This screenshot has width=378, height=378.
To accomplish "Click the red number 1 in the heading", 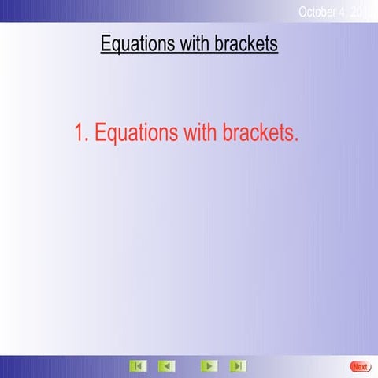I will point(80,133).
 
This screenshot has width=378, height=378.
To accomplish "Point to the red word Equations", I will point(136,134).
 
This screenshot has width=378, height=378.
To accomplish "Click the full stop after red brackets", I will point(296,141).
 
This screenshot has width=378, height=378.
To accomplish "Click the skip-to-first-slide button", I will point(138,366).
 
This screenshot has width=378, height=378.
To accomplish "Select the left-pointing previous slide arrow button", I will point(166,366).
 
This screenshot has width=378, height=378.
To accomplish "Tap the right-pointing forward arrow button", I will point(209,366).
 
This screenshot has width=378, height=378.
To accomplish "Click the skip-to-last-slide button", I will point(237,366).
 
